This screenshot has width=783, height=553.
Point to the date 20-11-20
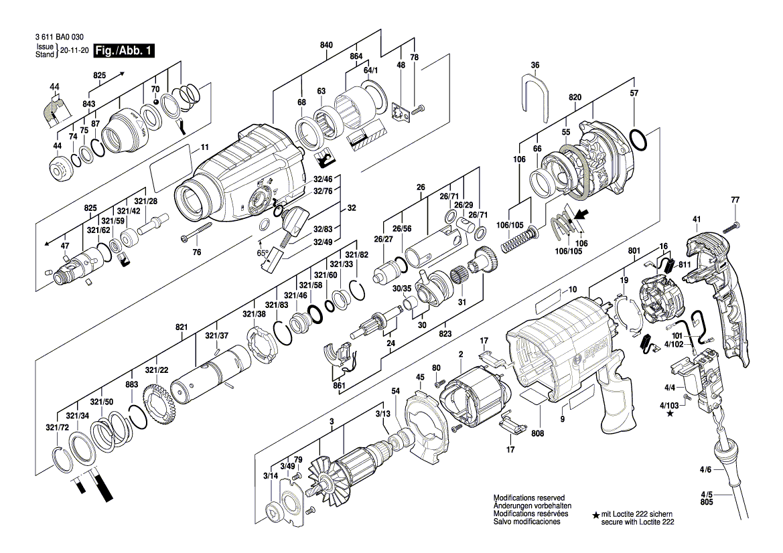point(74,51)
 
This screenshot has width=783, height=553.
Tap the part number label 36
point(535,65)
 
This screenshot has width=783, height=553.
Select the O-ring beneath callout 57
point(638,142)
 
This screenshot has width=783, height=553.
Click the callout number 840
point(326,45)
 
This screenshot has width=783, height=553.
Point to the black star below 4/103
point(670,414)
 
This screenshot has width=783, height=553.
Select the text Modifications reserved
point(529,499)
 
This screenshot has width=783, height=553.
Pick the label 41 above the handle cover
point(696,220)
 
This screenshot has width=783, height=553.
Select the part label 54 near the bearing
point(395,390)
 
